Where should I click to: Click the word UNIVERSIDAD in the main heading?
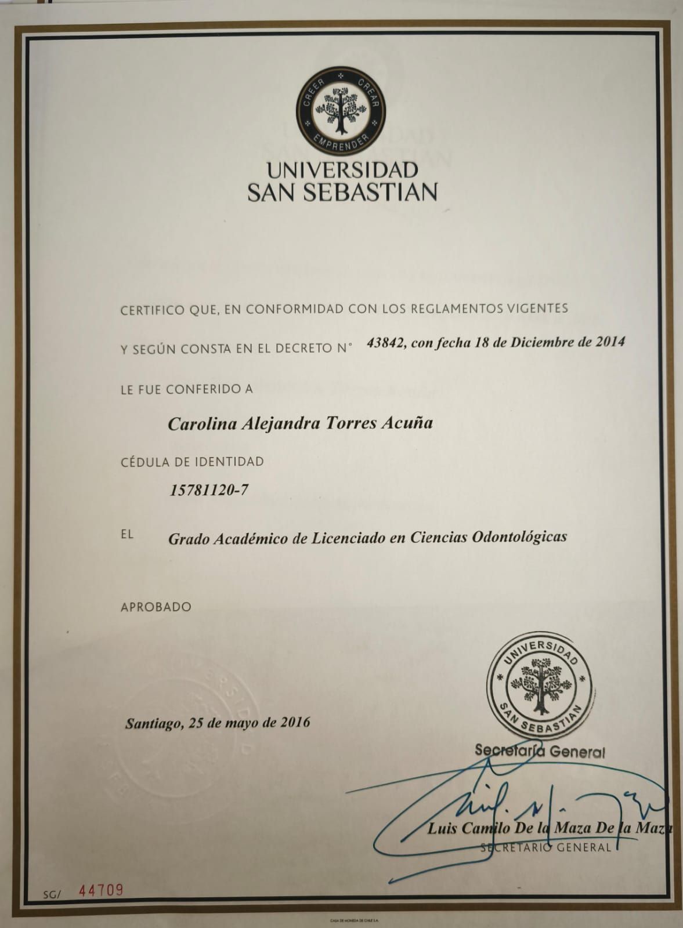[342, 171]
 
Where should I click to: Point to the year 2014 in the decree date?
[610, 342]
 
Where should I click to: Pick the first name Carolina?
[196, 424]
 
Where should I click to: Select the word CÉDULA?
[143, 462]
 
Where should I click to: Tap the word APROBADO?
[156, 607]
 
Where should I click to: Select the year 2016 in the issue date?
[295, 723]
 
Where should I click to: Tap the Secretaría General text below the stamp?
[540, 751]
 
